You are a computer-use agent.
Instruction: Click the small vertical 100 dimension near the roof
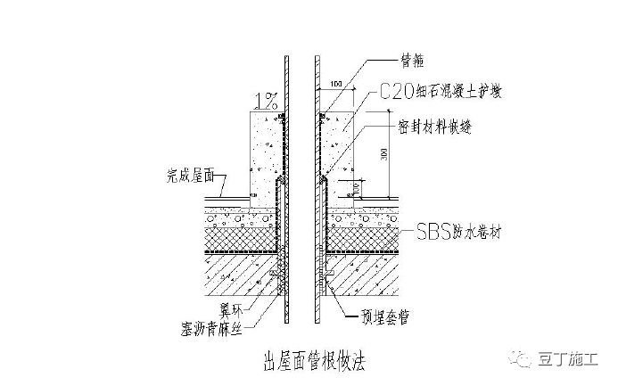click(x=357, y=187)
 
